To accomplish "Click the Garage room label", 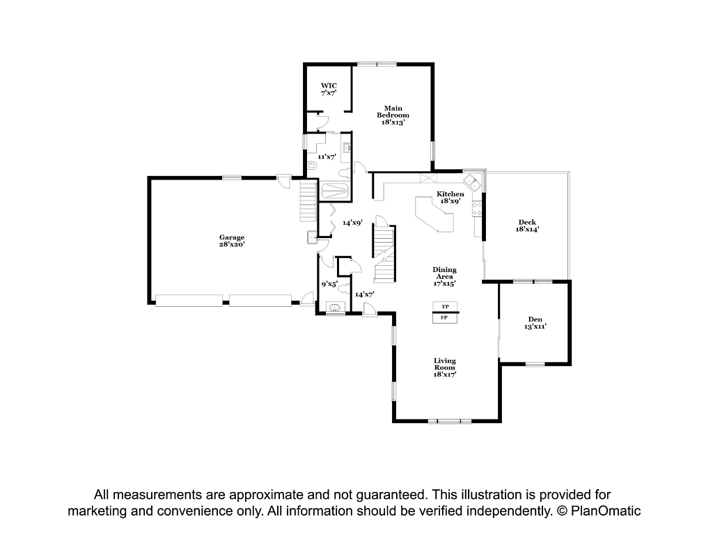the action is (232, 241).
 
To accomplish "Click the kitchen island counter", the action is (434, 214).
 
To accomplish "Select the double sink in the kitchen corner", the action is (473, 182).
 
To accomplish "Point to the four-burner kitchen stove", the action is (477, 209).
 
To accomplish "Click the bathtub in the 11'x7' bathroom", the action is (335, 191).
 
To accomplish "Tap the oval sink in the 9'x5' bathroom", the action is (335, 308).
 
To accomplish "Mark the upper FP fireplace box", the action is (445, 307).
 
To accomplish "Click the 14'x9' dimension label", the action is (352, 223).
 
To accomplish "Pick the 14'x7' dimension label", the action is (364, 294).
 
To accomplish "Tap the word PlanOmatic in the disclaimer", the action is (606, 511).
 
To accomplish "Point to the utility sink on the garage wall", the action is (313, 237).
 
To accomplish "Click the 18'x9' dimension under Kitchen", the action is (450, 200).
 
